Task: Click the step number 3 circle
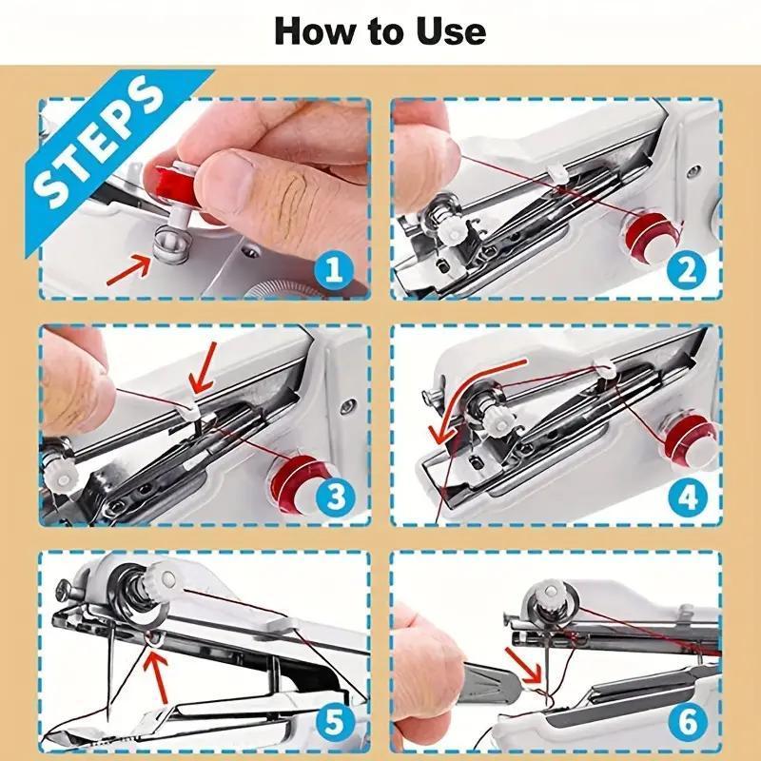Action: click(332, 496)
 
